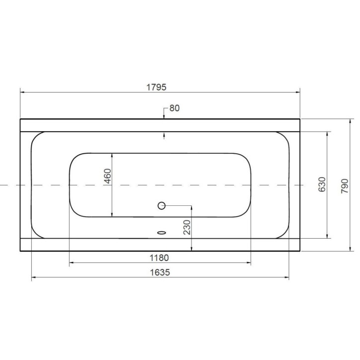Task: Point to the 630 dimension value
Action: coord(322,184)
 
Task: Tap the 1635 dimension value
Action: coord(161,272)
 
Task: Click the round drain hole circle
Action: coord(161,205)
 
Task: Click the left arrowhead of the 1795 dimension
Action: coord(22,92)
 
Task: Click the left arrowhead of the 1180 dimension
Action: coord(71,264)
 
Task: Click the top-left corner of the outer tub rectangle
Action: coord(20,119)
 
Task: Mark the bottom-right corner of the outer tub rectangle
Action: coord(300,251)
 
